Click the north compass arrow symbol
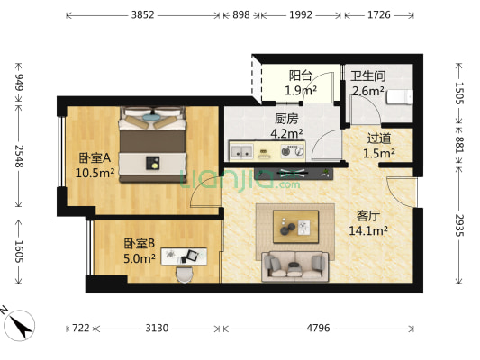pyautogui.click(x=20, y=319)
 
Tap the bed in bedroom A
pyautogui.click(x=154, y=144)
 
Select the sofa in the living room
pyautogui.click(x=294, y=265)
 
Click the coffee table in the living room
pyautogui.click(x=294, y=224)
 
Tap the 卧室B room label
pyautogui.click(x=140, y=243)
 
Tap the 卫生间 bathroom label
pyautogui.click(x=367, y=76)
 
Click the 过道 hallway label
pyautogui.click(x=380, y=139)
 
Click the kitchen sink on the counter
pyautogui.click(x=241, y=152)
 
